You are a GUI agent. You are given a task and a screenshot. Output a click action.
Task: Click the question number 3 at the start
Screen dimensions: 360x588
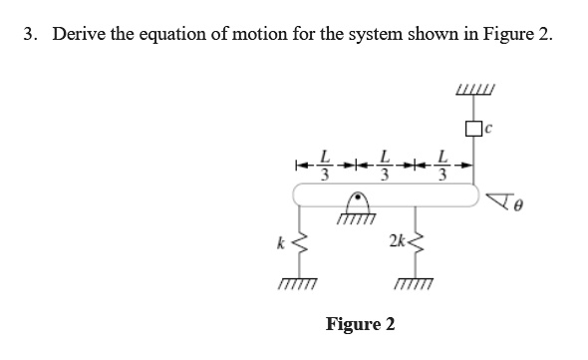[x=30, y=34]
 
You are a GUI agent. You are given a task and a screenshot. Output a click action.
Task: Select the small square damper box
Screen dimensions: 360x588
[x=472, y=127]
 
